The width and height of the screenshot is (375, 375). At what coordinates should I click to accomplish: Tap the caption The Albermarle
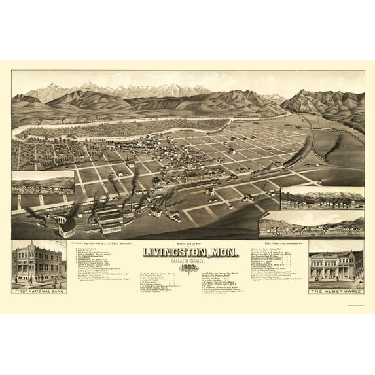335,289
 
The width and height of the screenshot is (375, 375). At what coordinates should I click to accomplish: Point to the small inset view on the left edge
40,184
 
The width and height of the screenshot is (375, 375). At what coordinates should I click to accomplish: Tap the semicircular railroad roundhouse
67,228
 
